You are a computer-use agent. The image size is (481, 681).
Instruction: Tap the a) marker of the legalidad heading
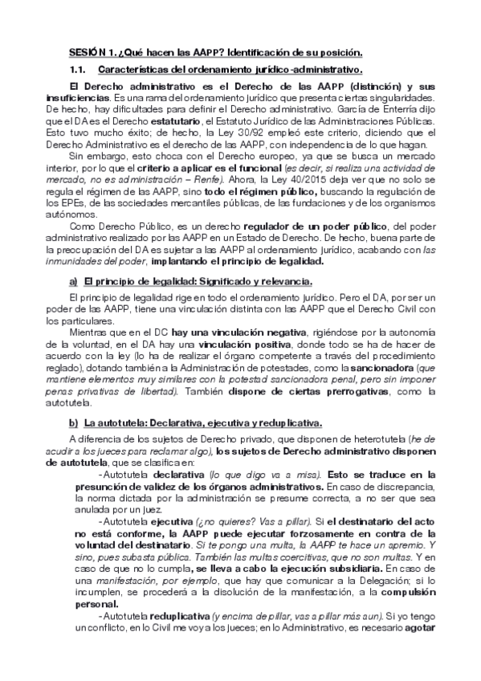(x=73, y=280)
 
